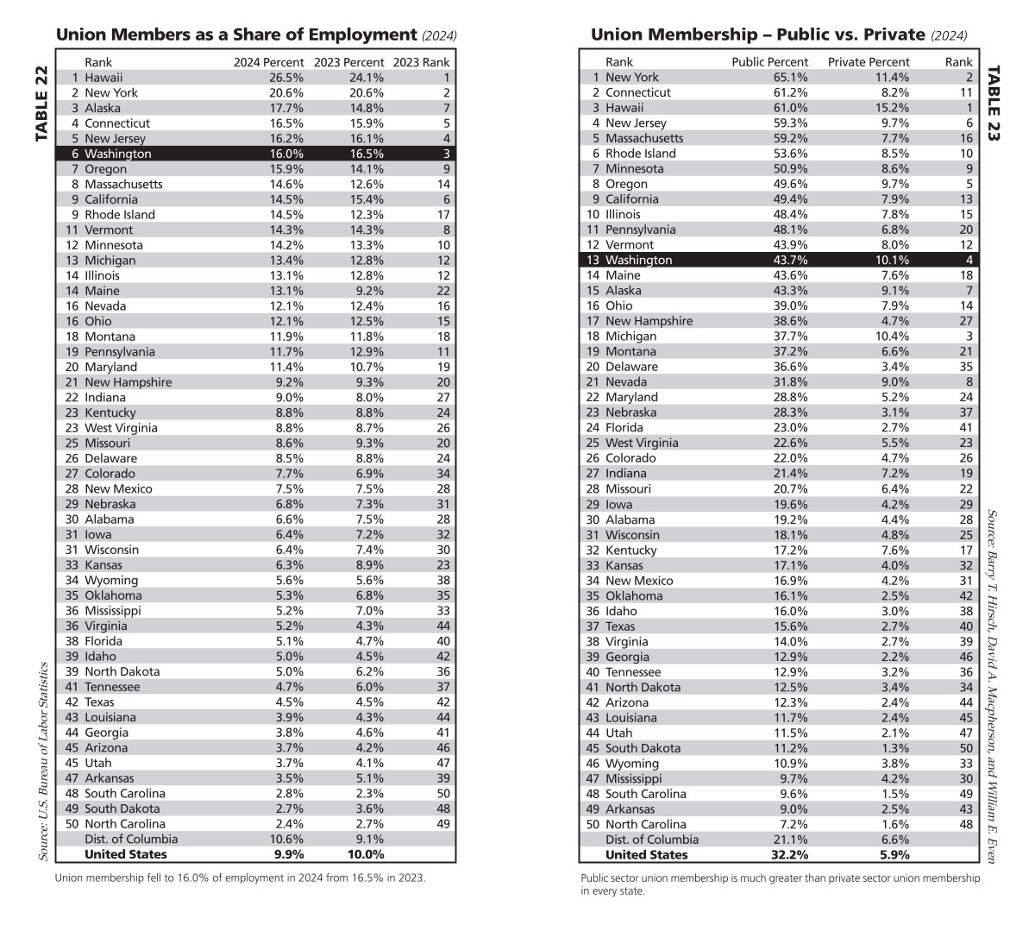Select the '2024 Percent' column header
click(269, 62)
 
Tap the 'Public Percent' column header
click(769, 62)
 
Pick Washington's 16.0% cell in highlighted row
click(286, 154)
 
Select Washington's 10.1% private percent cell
click(891, 260)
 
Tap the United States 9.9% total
click(288, 854)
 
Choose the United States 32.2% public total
click(789, 854)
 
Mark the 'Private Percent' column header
click(869, 62)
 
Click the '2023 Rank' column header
click(421, 62)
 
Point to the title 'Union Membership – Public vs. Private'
click(757, 35)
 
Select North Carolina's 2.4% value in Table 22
click(288, 824)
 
